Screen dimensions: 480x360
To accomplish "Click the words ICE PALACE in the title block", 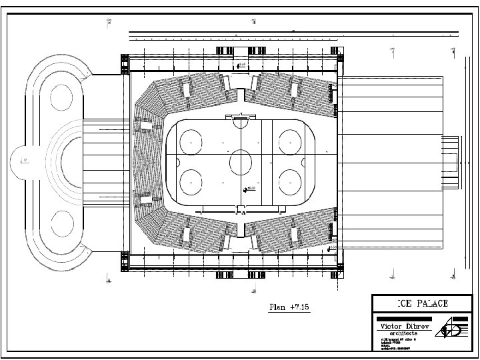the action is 423,303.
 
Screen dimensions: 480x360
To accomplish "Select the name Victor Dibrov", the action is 400,326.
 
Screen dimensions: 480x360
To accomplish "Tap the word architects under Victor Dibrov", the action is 399,333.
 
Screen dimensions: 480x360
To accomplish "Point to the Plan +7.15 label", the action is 289,307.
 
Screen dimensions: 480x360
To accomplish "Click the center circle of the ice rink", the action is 240,161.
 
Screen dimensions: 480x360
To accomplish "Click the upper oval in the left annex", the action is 61,98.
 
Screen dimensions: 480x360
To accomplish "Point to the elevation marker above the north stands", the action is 240,65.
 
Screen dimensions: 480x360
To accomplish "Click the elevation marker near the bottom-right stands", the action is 331,248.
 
